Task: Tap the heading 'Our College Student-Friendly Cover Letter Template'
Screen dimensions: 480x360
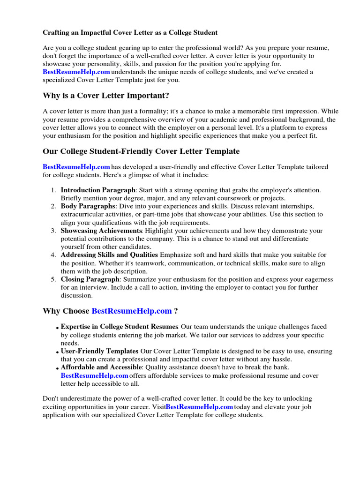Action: point(141,151)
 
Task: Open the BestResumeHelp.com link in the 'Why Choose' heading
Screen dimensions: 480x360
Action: point(132,311)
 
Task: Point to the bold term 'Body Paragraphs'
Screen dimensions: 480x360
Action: point(88,206)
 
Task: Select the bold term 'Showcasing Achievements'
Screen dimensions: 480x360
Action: point(101,231)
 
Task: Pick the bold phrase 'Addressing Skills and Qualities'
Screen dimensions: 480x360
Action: point(109,255)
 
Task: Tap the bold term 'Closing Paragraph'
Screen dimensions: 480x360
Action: point(90,279)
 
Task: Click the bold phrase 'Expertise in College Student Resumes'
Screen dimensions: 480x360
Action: point(120,327)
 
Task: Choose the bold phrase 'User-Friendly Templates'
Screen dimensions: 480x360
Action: point(99,351)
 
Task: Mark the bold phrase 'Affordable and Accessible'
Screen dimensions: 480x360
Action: point(101,367)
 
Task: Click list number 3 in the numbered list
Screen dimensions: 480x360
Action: point(53,231)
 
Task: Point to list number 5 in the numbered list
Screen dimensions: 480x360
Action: point(53,279)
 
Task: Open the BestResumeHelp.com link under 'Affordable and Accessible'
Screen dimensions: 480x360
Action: point(94,376)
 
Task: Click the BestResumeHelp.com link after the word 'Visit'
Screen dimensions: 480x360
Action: point(199,407)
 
